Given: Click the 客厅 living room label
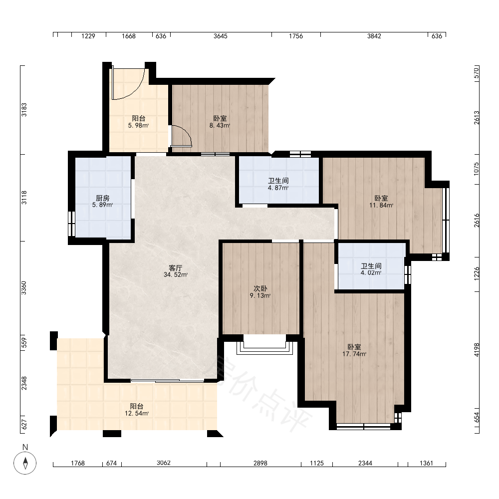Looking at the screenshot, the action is [x=175, y=268].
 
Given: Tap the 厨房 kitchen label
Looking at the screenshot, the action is [x=102, y=198].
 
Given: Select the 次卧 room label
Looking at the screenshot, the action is [x=260, y=288].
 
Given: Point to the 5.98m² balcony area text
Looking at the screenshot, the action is [x=138, y=126].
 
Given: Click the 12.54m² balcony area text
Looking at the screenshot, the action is [x=137, y=413].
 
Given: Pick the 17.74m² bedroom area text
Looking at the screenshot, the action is [x=354, y=354].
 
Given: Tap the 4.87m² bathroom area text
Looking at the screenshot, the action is [x=278, y=188].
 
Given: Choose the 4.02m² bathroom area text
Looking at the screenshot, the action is [x=371, y=273].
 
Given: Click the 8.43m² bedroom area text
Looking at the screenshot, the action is [x=220, y=126].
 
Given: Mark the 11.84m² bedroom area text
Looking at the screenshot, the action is [x=381, y=205].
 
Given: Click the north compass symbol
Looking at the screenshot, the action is [x=25, y=463].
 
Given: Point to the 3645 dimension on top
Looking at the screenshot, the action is [x=221, y=36].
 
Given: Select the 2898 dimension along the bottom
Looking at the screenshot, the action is [x=260, y=464].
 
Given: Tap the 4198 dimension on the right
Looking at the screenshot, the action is [x=477, y=349].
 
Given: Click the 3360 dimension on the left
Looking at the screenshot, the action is [x=24, y=288].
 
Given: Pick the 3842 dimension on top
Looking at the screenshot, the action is [x=374, y=36].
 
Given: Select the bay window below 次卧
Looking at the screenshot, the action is [x=264, y=347].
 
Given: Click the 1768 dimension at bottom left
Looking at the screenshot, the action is [x=78, y=464].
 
